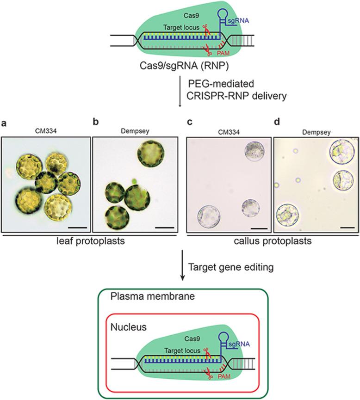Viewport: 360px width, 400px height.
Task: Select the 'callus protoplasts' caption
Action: pyautogui.click(x=271, y=242)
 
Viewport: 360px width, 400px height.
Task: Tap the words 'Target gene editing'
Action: pyautogui.click(x=225, y=266)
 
